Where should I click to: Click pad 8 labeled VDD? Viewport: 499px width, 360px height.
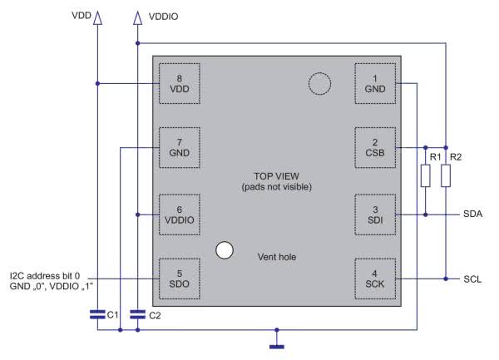point(180,84)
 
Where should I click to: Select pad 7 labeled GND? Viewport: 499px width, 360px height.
point(180,147)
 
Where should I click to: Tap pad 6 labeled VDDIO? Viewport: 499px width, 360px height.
point(180,215)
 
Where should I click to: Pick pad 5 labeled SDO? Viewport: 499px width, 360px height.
point(180,279)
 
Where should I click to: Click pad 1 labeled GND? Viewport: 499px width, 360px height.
point(375,84)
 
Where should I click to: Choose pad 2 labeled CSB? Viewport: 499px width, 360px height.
point(375,147)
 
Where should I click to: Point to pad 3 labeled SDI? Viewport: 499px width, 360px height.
point(375,215)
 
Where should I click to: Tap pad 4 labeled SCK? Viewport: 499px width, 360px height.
point(375,279)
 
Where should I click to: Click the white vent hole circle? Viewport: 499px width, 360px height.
point(225,250)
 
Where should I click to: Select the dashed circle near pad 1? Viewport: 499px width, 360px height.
point(320,72)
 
